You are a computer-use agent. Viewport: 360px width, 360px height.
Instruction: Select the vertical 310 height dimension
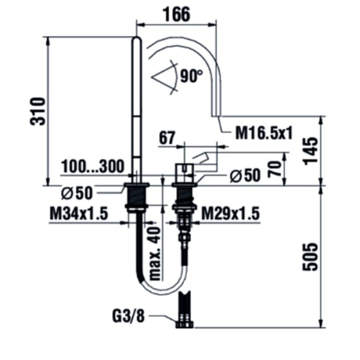(37, 111)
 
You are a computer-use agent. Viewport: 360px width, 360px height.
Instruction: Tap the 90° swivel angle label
(191, 76)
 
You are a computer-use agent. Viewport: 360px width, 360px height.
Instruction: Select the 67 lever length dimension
(167, 137)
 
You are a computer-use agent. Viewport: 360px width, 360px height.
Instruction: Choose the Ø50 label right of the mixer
(244, 176)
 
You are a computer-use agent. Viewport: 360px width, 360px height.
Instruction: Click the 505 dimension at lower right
(310, 257)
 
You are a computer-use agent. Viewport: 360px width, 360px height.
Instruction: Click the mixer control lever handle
(206, 160)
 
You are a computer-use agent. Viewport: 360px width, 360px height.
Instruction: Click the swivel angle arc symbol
(166, 77)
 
